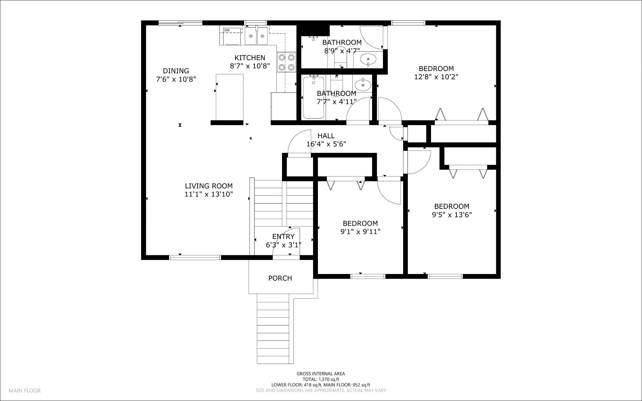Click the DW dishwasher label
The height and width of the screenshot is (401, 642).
[x=227, y=30]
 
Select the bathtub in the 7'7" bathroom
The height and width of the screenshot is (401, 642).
[x=313, y=97]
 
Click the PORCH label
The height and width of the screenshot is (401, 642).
[x=280, y=278]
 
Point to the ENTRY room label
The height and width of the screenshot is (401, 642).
[x=283, y=236]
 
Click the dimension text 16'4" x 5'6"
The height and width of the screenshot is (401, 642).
[x=326, y=144]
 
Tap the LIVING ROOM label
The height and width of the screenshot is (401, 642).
[x=208, y=186]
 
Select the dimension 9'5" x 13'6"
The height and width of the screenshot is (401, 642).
[x=451, y=215]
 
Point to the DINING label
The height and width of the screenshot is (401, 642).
[x=176, y=71]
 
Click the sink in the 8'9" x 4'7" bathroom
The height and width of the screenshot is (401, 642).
[x=369, y=59]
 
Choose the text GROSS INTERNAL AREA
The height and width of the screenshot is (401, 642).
[x=321, y=374]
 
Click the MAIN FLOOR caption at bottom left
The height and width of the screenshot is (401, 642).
[x=24, y=391]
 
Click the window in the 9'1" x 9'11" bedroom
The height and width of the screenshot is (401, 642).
[x=367, y=276]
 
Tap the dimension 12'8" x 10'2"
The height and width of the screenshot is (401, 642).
[x=436, y=77]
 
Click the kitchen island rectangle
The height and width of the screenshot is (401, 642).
[x=229, y=97]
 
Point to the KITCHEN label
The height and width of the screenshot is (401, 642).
[x=250, y=58]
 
